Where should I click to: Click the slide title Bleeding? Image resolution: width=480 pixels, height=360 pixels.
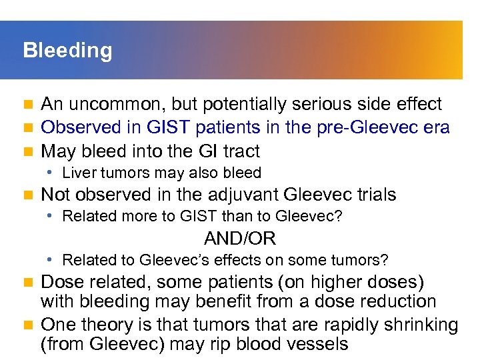tap(67, 51)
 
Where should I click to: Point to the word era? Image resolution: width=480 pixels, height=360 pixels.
tap(436, 127)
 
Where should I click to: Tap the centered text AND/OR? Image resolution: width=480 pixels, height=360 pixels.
tap(240, 238)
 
